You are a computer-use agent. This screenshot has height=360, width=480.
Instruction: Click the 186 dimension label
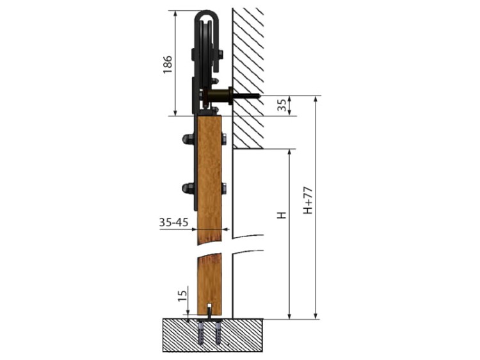[168, 65]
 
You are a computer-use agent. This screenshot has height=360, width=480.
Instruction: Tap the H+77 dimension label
[308, 200]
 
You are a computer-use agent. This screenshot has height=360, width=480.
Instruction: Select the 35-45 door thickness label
[173, 222]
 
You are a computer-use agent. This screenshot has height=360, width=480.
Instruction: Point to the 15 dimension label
[183, 295]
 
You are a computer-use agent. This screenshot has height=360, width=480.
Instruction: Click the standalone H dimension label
[282, 215]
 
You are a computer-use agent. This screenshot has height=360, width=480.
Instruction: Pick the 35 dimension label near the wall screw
[283, 105]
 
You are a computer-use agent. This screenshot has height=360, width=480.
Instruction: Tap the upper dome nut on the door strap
[188, 139]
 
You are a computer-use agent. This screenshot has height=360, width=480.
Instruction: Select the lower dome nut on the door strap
[188, 188]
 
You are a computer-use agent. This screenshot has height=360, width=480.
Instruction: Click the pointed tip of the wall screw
[260, 96]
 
